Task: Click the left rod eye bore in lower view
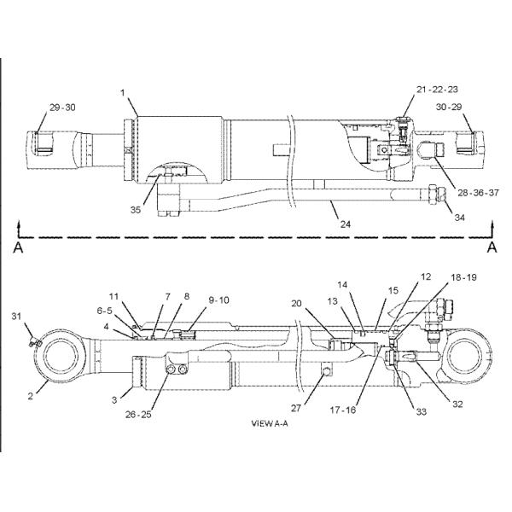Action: (x=66, y=352)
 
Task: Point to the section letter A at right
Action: (x=492, y=247)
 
